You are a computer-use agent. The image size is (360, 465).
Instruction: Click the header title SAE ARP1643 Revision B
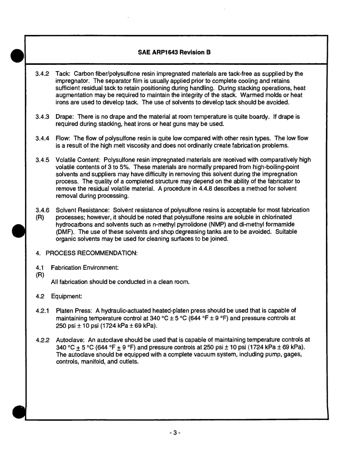[x=174, y=52]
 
